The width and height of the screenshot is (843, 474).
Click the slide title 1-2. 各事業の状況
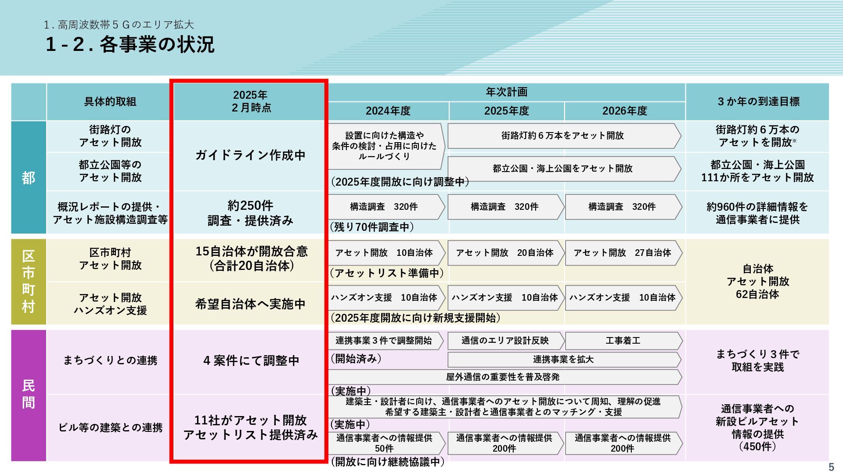tap(130, 44)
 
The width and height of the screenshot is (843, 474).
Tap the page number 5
tap(831, 467)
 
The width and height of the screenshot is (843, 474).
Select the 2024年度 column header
tap(388, 111)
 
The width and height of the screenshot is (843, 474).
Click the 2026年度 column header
tap(624, 111)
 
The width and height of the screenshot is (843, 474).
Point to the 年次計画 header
tap(506, 92)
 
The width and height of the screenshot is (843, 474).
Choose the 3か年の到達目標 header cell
tap(758, 101)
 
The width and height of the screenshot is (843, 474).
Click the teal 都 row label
tap(29, 178)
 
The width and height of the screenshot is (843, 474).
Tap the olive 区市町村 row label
tap(29, 281)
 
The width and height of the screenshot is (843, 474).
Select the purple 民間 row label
tap(29, 394)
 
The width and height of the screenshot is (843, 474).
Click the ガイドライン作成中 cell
tap(250, 155)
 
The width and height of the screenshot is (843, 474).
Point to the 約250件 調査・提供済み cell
tap(250, 213)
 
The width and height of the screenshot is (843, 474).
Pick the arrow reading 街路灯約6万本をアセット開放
tap(563, 136)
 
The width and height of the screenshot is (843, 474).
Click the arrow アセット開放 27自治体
tap(623, 253)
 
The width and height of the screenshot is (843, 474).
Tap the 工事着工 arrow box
tap(623, 341)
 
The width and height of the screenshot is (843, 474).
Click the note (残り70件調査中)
tap(371, 227)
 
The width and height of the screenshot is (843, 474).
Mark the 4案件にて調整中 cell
tap(250, 361)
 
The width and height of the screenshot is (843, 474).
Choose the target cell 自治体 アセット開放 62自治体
tap(758, 281)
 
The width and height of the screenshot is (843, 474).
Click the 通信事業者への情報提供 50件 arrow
tap(385, 443)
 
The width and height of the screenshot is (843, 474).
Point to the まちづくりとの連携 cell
tap(110, 360)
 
